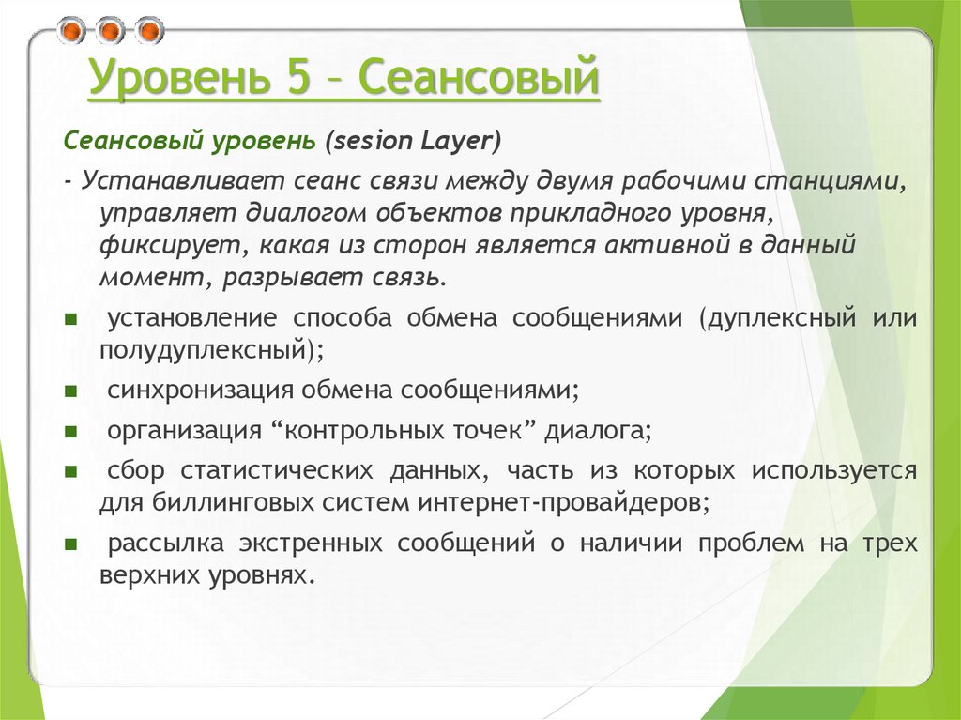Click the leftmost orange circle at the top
click(71, 31)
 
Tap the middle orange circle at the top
click(110, 31)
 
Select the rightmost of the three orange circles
click(148, 31)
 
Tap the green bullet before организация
click(71, 432)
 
